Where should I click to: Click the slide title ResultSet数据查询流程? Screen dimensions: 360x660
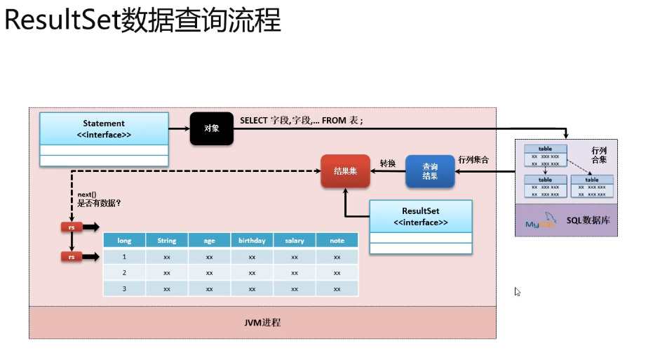click(x=142, y=21)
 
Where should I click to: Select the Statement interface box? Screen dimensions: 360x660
click(x=104, y=129)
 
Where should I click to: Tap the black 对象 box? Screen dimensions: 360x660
click(x=211, y=128)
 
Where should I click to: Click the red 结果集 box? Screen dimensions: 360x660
click(x=345, y=171)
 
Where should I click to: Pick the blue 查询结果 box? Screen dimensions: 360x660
click(x=430, y=171)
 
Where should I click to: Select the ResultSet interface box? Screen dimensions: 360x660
click(x=421, y=216)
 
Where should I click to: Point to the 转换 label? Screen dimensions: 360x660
click(x=388, y=163)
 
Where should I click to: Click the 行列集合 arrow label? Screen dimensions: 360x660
click(x=473, y=160)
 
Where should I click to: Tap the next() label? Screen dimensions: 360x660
click(x=88, y=194)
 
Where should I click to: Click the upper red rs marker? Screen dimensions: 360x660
click(x=72, y=227)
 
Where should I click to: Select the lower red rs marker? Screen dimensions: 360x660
click(x=72, y=258)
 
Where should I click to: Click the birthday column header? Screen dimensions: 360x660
click(x=252, y=241)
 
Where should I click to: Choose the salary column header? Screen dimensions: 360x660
click(x=295, y=241)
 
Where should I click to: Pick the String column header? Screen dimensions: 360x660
click(x=167, y=241)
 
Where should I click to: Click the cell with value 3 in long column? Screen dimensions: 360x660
click(x=124, y=288)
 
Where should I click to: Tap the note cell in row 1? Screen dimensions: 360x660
click(x=337, y=257)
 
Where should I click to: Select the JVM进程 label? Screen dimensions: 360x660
click(x=262, y=324)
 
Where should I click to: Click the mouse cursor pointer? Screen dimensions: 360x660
click(x=516, y=291)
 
